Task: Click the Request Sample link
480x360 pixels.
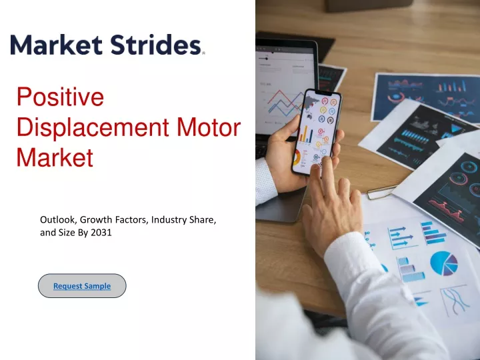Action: (82, 286)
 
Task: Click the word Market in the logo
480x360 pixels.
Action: (56, 45)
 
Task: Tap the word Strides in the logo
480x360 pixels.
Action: (156, 45)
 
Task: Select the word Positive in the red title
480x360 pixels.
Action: (60, 97)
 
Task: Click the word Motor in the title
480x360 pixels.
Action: (209, 127)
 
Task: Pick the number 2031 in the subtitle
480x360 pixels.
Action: (101, 233)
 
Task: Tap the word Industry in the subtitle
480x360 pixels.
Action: (165, 220)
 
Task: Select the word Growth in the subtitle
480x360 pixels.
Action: (96, 220)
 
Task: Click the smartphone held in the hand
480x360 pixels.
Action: (317, 132)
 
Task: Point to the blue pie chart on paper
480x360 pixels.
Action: (444, 263)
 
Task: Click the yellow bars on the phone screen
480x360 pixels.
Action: (305, 134)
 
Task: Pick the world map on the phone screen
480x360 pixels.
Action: (311, 104)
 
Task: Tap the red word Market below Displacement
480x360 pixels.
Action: (55, 157)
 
